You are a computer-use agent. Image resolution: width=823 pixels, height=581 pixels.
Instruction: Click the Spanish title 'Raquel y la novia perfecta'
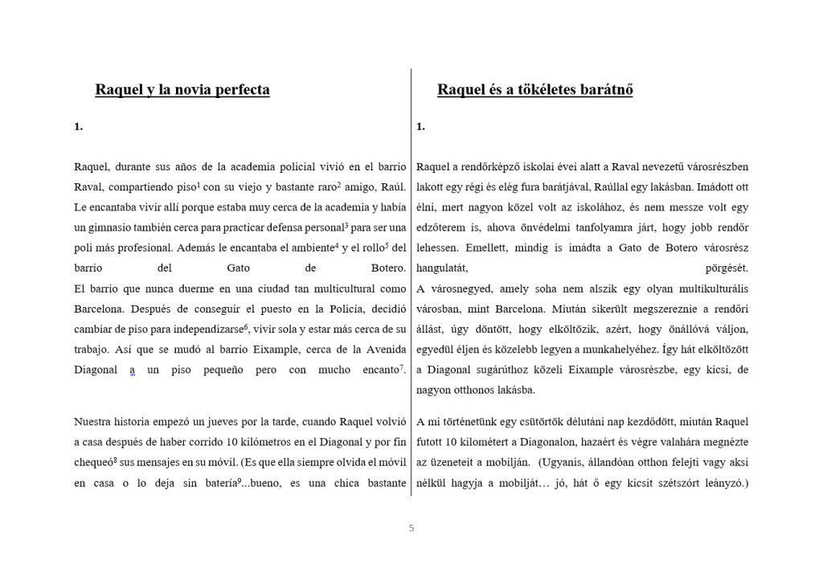pos(182,89)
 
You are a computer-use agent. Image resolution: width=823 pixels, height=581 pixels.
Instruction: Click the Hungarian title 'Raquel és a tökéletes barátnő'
pos(534,89)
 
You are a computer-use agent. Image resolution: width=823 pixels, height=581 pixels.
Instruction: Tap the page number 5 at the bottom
pos(411,528)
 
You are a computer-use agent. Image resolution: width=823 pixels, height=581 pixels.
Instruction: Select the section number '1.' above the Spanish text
pos(78,126)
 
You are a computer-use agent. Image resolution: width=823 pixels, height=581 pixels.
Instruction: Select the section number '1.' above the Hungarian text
pos(420,126)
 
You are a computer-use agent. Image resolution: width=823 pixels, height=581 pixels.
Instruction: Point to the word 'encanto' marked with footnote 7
pos(377,370)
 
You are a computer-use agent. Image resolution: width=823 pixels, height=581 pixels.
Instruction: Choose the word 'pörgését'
pos(727,268)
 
